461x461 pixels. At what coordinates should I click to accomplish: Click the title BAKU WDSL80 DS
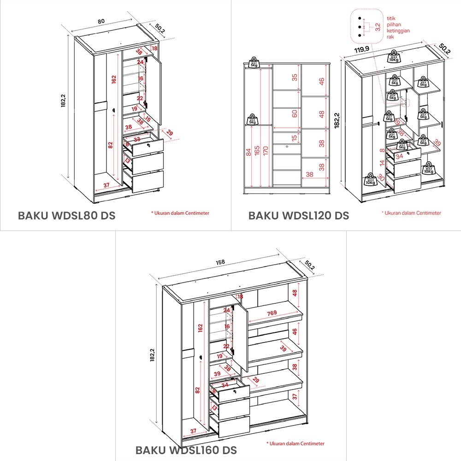[x=66, y=215]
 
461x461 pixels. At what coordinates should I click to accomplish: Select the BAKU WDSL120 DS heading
[x=299, y=215]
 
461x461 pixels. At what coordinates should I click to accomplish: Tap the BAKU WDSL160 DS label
[x=186, y=449]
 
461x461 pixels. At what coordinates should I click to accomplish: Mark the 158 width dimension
[x=220, y=262]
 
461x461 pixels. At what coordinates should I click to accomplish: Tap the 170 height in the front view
[x=266, y=151]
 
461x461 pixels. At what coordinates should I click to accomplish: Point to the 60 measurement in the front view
[x=295, y=113]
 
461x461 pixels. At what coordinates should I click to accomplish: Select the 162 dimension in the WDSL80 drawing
[x=113, y=79]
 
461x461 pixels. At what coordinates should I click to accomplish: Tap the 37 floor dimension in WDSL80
[x=106, y=185]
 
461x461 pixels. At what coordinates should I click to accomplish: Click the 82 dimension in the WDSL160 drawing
[x=198, y=390]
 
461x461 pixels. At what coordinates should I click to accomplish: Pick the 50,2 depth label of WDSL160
[x=310, y=266]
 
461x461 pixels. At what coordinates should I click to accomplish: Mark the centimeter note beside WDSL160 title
[x=295, y=443]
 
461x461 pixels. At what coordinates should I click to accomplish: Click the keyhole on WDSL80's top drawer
[x=148, y=145]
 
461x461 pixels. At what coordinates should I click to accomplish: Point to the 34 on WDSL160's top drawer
[x=225, y=385]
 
